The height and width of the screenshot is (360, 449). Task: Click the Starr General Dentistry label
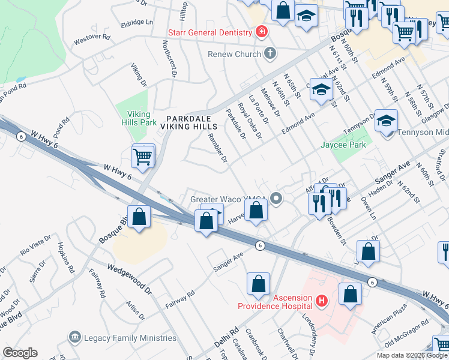(209, 32)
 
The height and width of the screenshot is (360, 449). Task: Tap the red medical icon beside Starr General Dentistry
(261, 31)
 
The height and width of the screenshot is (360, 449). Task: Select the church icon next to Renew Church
(270, 54)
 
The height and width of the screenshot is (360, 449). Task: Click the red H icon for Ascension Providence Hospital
(322, 299)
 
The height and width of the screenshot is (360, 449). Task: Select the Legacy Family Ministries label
(130, 338)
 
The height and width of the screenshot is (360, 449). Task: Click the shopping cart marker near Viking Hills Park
(143, 157)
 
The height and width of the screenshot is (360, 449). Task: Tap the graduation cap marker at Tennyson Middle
(386, 121)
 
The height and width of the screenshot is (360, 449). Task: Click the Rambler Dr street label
(217, 148)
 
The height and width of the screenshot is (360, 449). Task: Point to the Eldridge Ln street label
(137, 22)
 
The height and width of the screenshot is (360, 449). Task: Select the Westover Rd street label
(92, 37)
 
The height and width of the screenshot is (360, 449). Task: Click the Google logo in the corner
(20, 353)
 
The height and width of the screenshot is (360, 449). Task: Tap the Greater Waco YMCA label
(228, 199)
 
